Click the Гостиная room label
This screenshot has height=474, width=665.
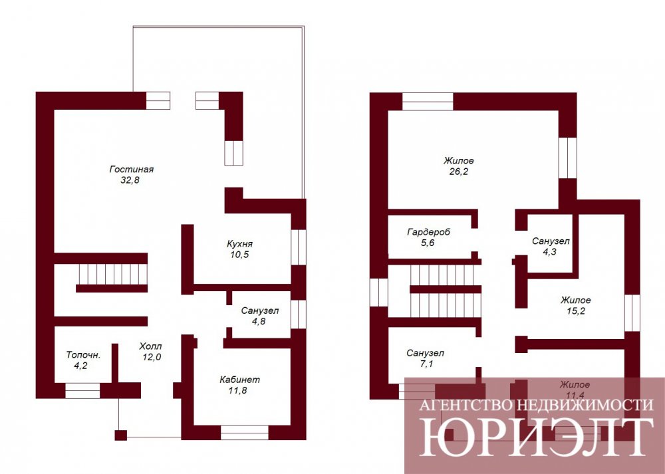pos(132,169)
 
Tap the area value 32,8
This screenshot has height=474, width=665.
pos(130,180)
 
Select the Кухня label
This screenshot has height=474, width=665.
pos(239,244)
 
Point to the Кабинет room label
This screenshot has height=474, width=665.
pos(239,380)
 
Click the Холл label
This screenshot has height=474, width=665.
pos(150,346)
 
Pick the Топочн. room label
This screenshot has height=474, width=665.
pos(83,355)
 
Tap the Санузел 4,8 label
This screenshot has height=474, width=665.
pos(259,316)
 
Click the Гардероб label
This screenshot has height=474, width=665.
pos(429,232)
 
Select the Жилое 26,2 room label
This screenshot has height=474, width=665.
pos(458,166)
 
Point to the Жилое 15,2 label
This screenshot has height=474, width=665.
pos(575,306)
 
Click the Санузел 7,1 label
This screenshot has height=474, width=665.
pos(425,358)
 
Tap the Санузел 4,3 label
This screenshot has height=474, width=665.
pos(551,247)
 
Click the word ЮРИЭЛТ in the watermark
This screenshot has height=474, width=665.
pos(535,437)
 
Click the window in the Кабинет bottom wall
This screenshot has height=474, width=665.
pos(245,433)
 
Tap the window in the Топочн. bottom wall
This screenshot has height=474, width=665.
pos(82,390)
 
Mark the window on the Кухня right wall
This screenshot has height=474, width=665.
pos(299,247)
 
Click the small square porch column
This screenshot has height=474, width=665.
pos(121,435)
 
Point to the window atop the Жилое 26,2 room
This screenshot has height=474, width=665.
pos(428,101)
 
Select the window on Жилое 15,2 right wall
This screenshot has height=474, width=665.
pos(632,313)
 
